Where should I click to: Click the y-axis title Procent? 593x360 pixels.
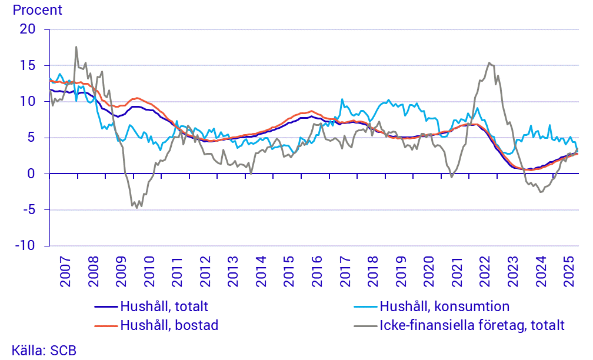(x=37, y=10)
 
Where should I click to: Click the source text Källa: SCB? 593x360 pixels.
(x=44, y=349)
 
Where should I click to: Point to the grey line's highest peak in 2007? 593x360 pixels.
(x=76, y=47)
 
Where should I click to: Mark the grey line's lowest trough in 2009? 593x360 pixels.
(x=137, y=208)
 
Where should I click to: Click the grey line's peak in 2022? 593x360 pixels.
(x=489, y=63)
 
